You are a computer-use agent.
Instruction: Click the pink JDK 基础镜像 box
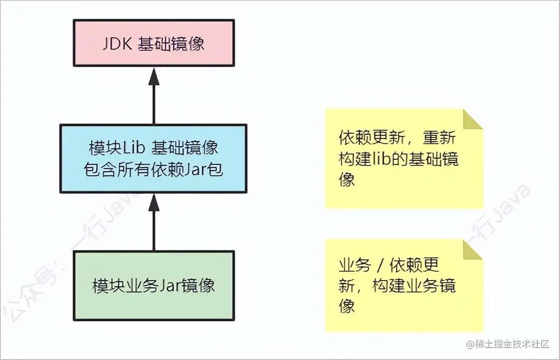click(x=153, y=43)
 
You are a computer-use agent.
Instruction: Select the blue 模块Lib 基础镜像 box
click(x=153, y=158)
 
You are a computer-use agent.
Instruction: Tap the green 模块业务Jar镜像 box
click(x=153, y=285)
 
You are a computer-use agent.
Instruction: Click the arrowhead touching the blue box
click(x=153, y=202)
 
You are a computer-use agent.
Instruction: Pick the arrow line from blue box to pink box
click(x=153, y=104)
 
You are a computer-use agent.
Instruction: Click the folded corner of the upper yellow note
click(x=473, y=118)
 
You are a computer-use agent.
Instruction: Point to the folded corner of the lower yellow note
click(x=473, y=249)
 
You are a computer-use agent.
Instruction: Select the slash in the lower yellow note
click(x=380, y=266)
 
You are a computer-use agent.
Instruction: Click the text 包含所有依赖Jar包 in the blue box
click(x=153, y=170)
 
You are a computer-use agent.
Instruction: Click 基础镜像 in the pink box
click(x=171, y=44)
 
